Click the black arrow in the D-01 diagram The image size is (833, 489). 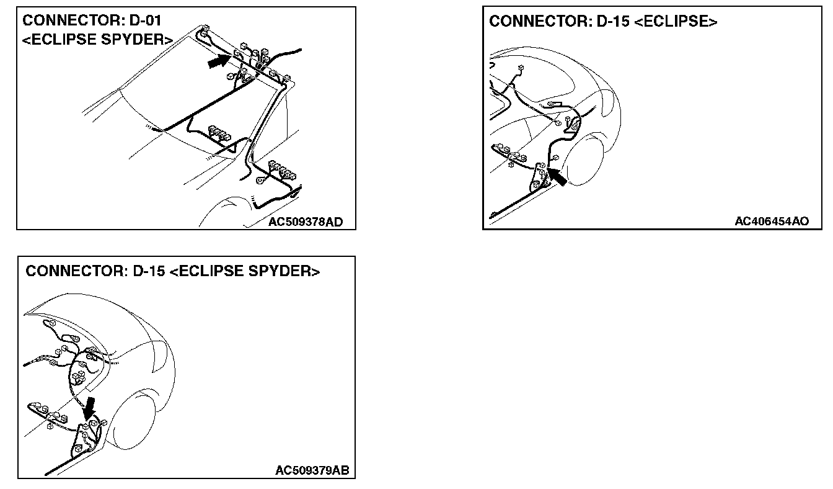point(218,61)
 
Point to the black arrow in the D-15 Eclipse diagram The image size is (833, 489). point(557,177)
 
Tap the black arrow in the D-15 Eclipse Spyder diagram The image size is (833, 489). point(90,408)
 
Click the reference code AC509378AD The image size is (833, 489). point(306,222)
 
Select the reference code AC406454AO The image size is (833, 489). point(772,222)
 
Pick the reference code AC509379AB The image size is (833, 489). point(312,471)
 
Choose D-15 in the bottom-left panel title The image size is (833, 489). point(148,272)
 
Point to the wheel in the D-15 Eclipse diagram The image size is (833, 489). point(583,161)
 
